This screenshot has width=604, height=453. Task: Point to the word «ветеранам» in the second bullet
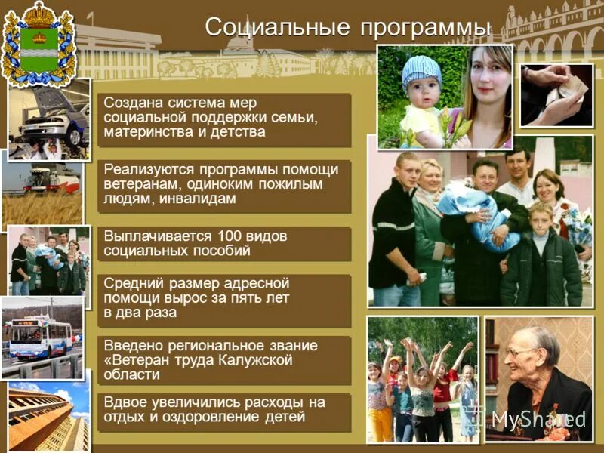point(140,183)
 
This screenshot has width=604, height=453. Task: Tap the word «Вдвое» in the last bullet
point(126,402)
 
